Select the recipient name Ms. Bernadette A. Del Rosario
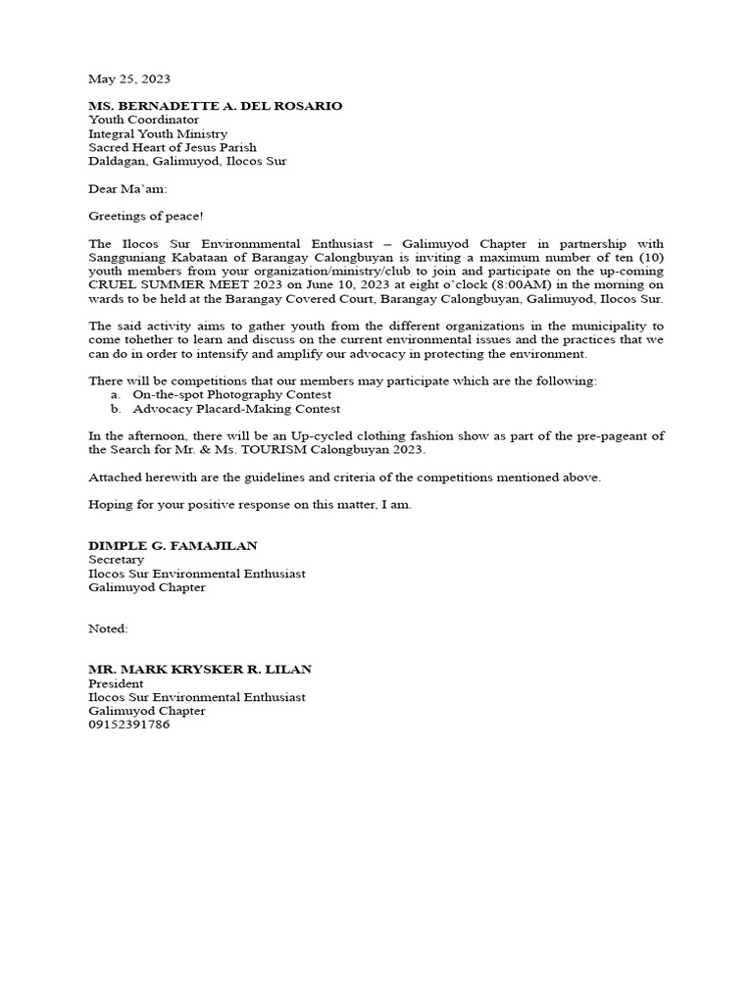coord(215,105)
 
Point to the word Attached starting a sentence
coord(117,477)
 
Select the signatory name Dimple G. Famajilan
coord(173,545)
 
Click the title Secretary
coord(116,559)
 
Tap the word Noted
coord(108,627)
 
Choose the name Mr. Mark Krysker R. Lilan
coord(199,669)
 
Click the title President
coord(116,683)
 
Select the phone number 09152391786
coord(128,725)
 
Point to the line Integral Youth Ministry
coord(158,133)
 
